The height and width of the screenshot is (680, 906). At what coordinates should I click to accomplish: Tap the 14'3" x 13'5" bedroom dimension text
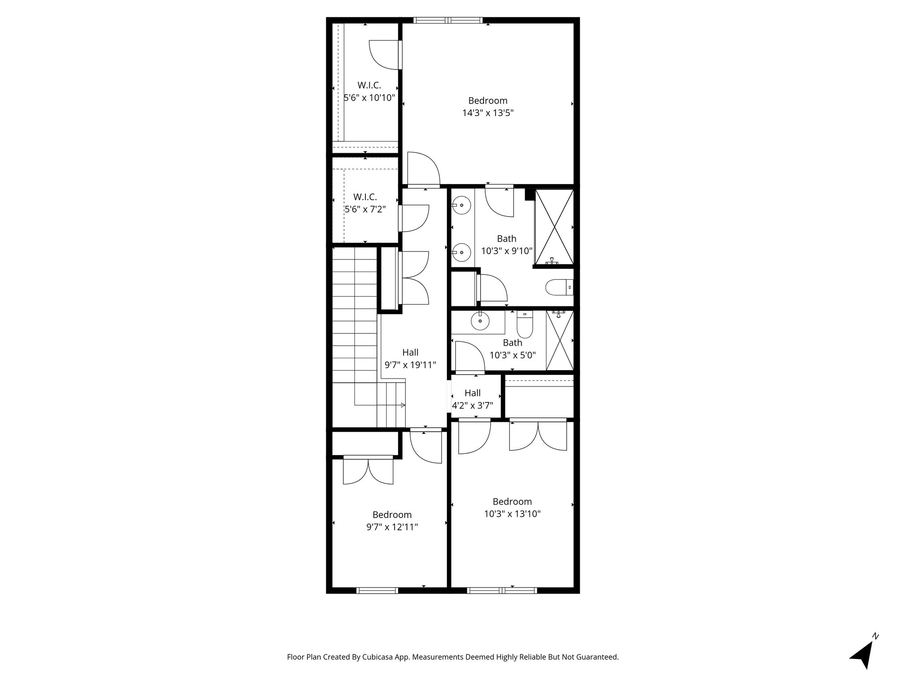coord(488,113)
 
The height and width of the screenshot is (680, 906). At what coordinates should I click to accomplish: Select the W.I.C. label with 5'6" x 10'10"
coord(369,85)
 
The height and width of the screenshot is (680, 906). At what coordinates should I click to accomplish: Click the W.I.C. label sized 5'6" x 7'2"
coord(365,197)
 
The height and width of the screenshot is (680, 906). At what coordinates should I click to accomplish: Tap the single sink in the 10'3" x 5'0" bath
coord(480,322)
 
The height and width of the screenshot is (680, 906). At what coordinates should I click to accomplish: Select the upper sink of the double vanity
coord(461,205)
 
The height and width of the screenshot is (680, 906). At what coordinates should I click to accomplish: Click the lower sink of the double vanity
coord(461,252)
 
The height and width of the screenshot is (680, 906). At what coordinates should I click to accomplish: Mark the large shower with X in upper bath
coord(554,227)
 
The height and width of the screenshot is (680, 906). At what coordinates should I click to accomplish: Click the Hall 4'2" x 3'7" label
coord(472,393)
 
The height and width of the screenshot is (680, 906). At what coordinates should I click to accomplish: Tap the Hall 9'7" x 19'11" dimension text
coord(410,365)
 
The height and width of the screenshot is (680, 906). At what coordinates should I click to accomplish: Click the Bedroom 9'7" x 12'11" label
coord(392,515)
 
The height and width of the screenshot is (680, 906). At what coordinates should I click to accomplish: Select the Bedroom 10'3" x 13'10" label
coord(512,502)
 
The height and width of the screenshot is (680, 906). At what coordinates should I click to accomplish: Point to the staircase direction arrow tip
coord(403,405)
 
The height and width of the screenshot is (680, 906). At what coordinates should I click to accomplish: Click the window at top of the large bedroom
coord(447,20)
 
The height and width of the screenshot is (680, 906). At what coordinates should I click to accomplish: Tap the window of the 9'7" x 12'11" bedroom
coord(377,590)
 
